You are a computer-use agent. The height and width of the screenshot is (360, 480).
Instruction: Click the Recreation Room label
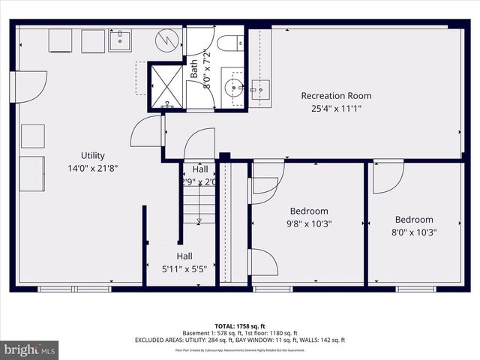336,96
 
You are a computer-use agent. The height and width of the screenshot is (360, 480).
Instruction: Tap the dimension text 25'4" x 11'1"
336,108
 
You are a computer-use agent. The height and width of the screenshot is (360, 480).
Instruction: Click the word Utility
93,156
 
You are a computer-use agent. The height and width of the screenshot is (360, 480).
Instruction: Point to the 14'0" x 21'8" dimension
93,168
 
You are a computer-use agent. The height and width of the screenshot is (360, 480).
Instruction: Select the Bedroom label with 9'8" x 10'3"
309,211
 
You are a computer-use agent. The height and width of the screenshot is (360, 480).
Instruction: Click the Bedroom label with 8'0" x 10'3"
415,220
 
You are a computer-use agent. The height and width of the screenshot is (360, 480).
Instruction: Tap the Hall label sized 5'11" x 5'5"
184,256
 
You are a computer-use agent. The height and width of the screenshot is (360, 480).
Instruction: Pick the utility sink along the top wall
120,40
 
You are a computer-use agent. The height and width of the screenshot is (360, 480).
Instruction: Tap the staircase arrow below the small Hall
199,220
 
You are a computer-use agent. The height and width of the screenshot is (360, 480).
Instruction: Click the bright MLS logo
30,349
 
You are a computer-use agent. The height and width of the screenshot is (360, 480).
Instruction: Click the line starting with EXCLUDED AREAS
239,340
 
